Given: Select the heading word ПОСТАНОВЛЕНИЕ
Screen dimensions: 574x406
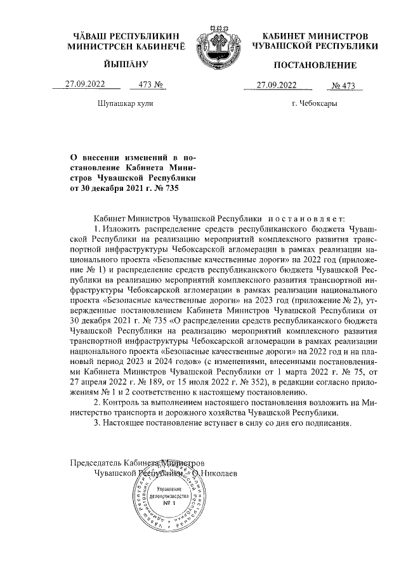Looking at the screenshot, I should [315, 65].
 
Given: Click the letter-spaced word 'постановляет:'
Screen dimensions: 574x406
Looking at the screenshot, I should [310, 219].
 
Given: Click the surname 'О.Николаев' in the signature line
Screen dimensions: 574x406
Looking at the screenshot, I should [216, 473].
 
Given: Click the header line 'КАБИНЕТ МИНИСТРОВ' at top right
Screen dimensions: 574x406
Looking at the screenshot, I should [315, 36].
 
